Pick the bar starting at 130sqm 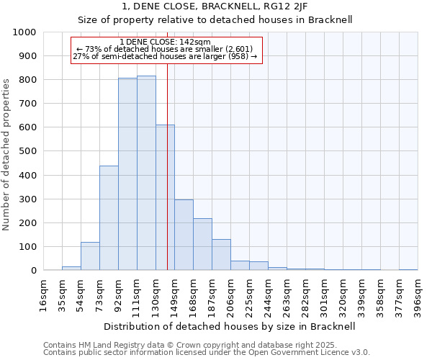[165, 197]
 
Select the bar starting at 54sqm [90, 256]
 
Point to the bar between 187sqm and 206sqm [221, 255]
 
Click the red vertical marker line [167, 180]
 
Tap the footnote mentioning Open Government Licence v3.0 [206, 353]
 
